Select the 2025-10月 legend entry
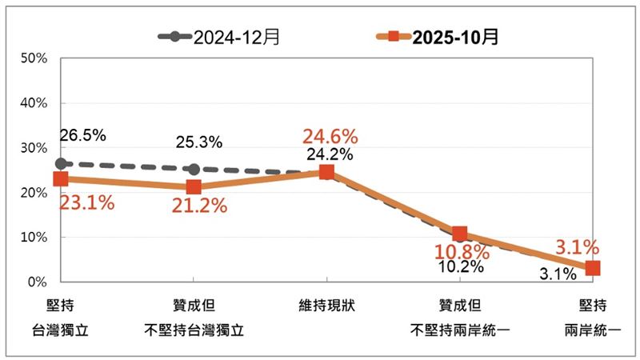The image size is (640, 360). (x=438, y=37)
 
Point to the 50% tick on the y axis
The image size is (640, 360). (x=36, y=58)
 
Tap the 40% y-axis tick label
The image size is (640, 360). (x=36, y=103)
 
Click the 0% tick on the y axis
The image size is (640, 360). (x=39, y=282)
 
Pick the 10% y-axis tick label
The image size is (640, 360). (x=36, y=238)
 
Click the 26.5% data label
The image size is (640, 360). (x=83, y=135)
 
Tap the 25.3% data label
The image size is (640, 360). (x=198, y=143)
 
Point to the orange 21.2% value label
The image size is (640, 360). (x=198, y=206)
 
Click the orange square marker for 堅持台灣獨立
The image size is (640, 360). (x=61, y=179)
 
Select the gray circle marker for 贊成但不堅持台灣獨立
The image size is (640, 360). (x=194, y=169)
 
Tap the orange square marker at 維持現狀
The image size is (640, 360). (x=326, y=172)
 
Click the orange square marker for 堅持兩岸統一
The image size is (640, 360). (x=592, y=268)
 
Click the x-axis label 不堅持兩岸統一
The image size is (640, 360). (x=459, y=329)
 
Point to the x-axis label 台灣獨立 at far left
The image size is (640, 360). (x=61, y=329)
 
